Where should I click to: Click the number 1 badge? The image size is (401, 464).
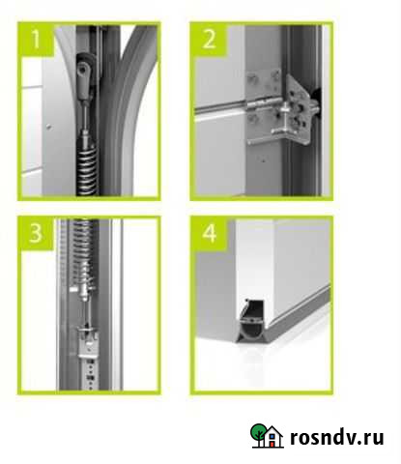(x=36, y=39)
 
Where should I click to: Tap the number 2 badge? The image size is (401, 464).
(x=210, y=39)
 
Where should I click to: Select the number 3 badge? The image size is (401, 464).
(x=36, y=233)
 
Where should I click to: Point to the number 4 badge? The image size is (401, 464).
(x=210, y=233)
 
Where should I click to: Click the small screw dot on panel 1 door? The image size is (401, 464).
(x=48, y=127)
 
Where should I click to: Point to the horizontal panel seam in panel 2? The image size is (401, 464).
(x=220, y=107)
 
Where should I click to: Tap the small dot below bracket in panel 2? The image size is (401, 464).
(x=263, y=160)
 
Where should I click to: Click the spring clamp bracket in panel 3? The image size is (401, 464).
(x=88, y=343)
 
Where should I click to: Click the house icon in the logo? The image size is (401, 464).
(x=272, y=437)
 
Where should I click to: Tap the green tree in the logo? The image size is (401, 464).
(x=258, y=433)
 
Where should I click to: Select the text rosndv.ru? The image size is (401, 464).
(x=336, y=437)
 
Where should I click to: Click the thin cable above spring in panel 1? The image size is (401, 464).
(x=85, y=114)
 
